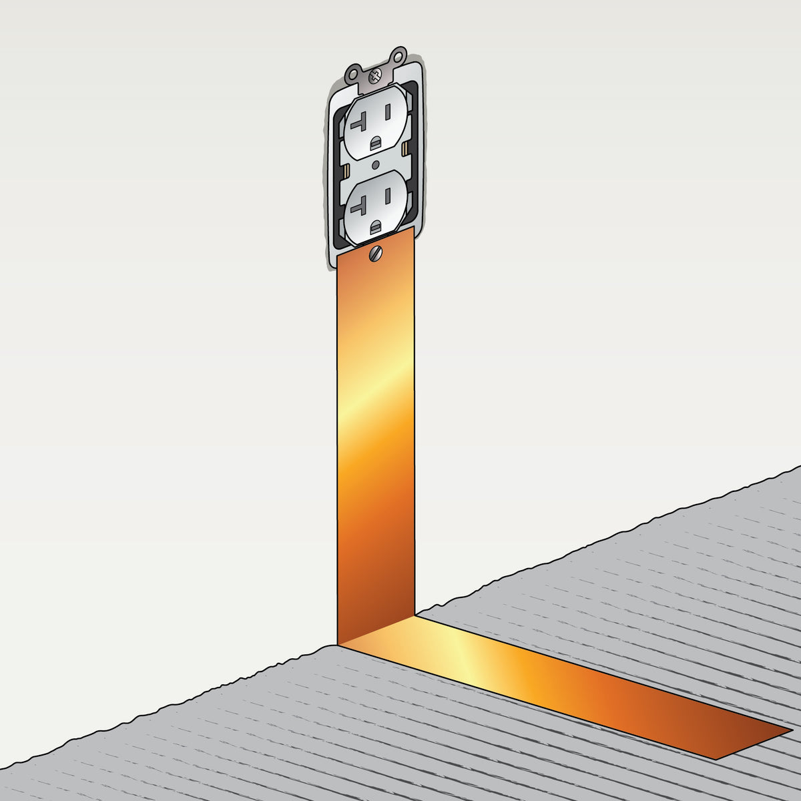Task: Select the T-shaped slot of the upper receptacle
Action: click(360, 121)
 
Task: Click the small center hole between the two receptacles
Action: click(376, 164)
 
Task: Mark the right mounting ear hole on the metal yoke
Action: click(399, 53)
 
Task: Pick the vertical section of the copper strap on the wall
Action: click(376, 434)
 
